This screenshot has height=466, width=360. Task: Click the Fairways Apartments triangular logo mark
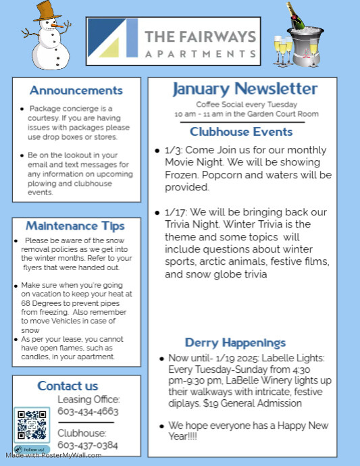pos(113,38)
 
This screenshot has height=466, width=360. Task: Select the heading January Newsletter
pos(245,89)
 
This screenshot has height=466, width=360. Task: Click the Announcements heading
pos(76,90)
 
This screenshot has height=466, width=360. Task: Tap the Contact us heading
pos(68,386)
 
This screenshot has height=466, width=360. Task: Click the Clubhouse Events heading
pos(241,132)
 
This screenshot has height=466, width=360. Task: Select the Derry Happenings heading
pos(235,343)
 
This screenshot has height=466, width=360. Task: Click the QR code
pos(32,425)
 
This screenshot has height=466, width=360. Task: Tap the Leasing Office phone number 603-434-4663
pos(88,411)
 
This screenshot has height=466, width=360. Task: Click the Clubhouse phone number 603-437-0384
pos(88,445)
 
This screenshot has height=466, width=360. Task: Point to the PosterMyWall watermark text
pos(58,455)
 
